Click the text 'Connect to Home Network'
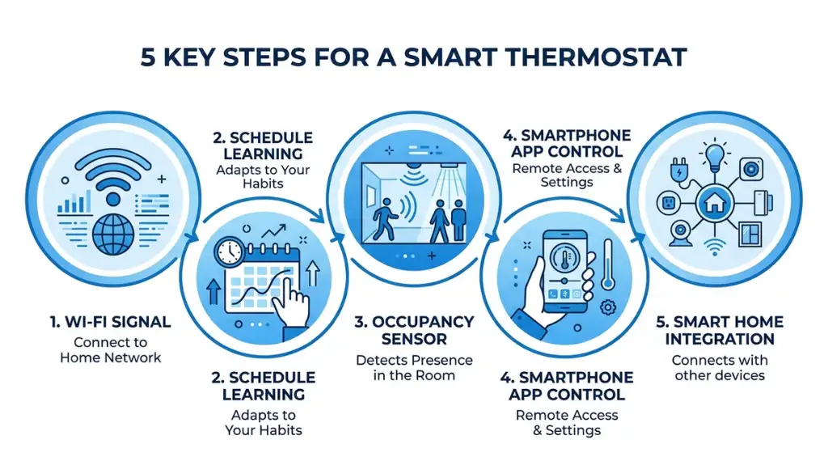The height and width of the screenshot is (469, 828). click(110, 349)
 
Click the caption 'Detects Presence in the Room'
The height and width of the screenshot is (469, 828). click(413, 367)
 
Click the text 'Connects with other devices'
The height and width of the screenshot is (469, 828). click(719, 367)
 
